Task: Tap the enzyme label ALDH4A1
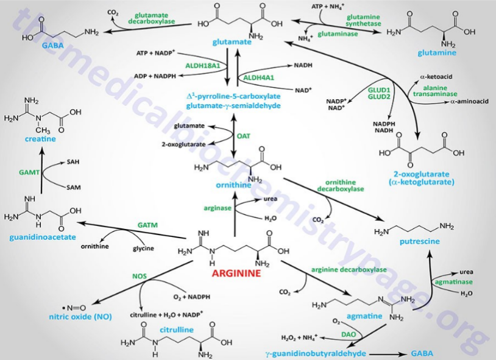[258, 78]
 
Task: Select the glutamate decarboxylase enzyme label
[151, 17]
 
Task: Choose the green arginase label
[218, 208]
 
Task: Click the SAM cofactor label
[73, 187]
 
